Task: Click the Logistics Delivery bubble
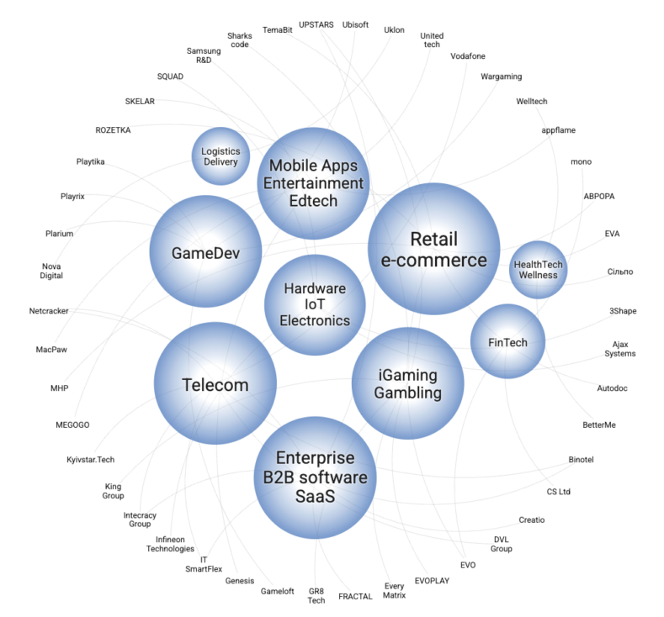[x=220, y=156]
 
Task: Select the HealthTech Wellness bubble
[x=538, y=270]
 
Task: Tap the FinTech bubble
[x=507, y=342]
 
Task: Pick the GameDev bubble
[x=205, y=252]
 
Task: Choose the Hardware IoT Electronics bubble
[x=314, y=304]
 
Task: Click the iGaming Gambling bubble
[x=408, y=382]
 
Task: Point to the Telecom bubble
[x=215, y=385]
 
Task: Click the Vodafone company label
[x=469, y=56]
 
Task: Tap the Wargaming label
[x=501, y=77]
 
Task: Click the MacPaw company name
[x=51, y=350]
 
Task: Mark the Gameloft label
[x=277, y=591]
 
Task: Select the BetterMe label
[x=598, y=425]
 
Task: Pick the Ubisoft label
[x=355, y=25]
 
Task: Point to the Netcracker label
[x=49, y=311]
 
